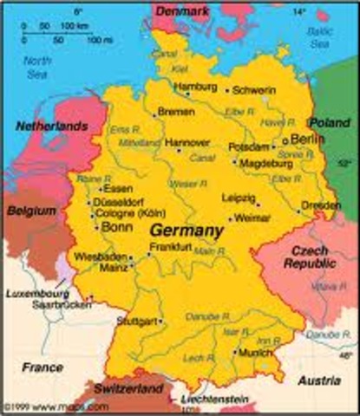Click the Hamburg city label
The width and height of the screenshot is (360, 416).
pyautogui.click(x=195, y=88)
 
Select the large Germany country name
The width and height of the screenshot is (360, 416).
pyautogui.click(x=187, y=231)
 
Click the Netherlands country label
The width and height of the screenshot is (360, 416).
pyautogui.click(x=51, y=127)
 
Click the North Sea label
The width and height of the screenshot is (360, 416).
pyautogui.click(x=37, y=67)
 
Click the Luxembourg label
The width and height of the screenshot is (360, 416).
pyautogui.click(x=36, y=294)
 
